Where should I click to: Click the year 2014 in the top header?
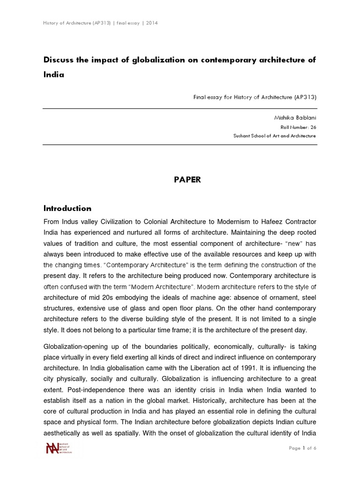click(151, 23)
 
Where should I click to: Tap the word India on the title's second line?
click(53, 74)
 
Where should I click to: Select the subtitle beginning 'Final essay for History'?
click(255, 97)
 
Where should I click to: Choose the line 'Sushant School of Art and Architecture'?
click(274, 136)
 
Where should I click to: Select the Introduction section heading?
click(67, 208)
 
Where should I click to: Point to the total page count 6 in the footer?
click(315, 449)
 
